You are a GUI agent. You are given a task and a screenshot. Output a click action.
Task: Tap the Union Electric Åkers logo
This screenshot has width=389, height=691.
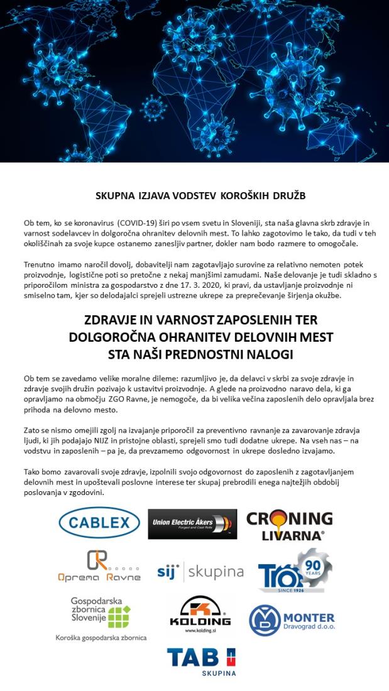(192, 524)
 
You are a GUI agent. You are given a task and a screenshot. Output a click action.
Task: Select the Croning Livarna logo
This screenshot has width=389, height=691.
(289, 525)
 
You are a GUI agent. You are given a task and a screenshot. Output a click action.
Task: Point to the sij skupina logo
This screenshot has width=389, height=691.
(200, 572)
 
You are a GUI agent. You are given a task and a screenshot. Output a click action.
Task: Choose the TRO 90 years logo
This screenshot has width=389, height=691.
(294, 570)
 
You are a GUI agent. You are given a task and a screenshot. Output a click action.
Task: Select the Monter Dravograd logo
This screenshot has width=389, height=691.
(292, 620)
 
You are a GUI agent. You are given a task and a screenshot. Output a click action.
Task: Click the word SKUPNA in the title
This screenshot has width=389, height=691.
(115, 195)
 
